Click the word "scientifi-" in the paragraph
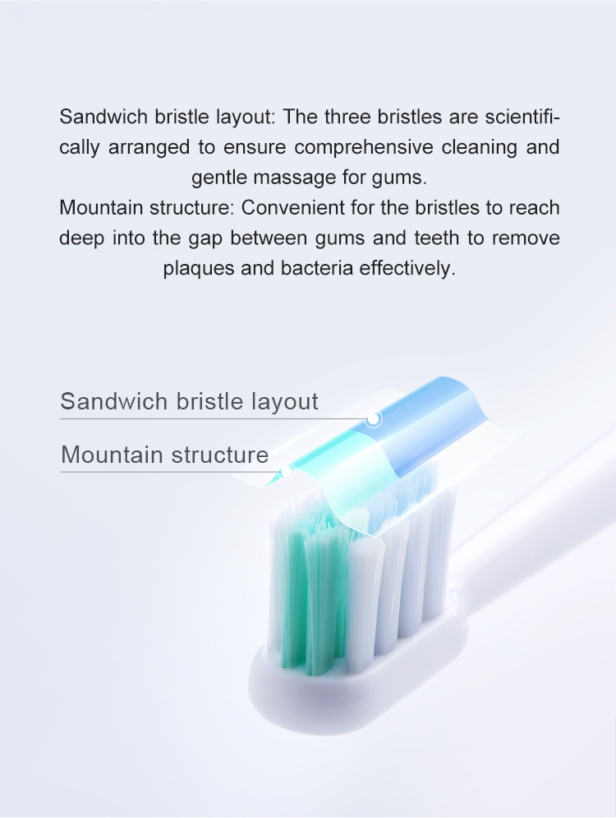[522, 117]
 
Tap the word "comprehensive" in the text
[364, 147]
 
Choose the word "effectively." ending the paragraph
[407, 268]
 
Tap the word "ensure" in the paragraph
[255, 148]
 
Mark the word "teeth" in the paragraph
[437, 238]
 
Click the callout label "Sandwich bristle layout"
[189, 401]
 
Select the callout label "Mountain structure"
[165, 455]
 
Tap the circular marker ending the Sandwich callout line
[373, 418]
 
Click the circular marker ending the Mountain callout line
[286, 472]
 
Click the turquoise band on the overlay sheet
[323, 459]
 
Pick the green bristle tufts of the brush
[313, 589]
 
